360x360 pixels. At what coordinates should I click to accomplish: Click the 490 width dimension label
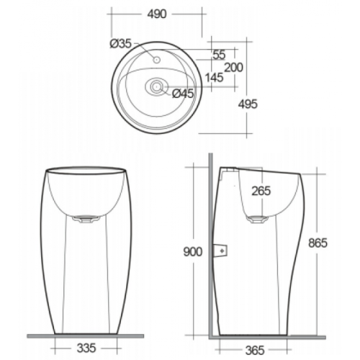[x=157, y=14]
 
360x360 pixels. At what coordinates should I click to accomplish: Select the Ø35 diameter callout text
[x=121, y=44]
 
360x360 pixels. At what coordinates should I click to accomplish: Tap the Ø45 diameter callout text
[x=183, y=94]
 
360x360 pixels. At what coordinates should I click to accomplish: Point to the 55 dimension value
[x=219, y=55]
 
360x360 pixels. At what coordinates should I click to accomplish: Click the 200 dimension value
[x=233, y=68]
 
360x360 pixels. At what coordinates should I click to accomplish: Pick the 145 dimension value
[x=214, y=78]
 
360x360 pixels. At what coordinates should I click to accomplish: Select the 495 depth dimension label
[x=248, y=104]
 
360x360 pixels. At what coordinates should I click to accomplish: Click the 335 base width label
[x=86, y=348]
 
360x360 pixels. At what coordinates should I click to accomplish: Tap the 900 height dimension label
[x=193, y=252]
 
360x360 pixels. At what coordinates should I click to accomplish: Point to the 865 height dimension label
[x=318, y=243]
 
